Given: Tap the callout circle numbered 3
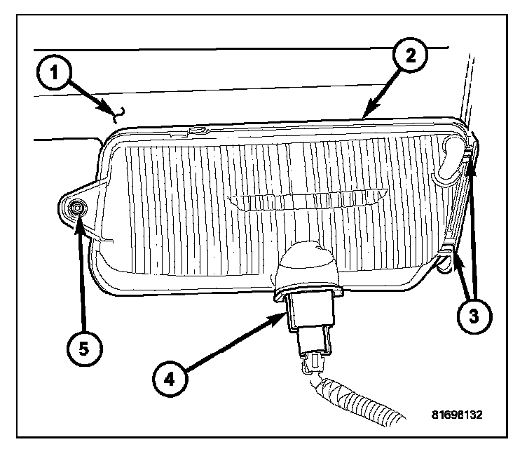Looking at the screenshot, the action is tap(473, 314).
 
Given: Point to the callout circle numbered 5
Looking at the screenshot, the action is tap(84, 347).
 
